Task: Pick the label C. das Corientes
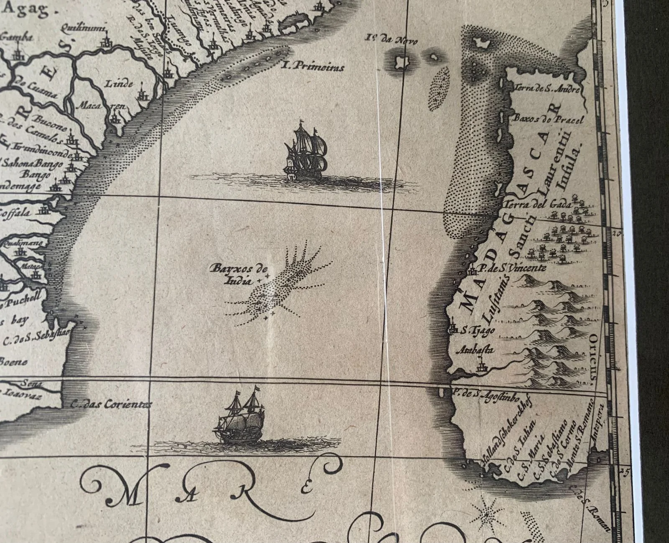coord(110,404)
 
